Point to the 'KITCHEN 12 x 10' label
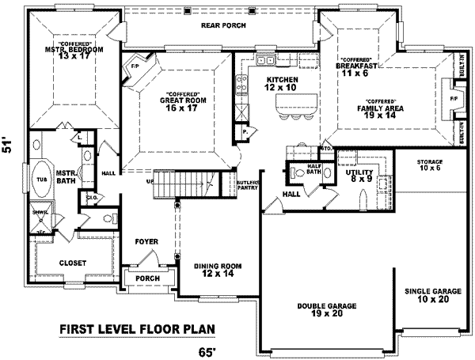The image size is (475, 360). point(282,85)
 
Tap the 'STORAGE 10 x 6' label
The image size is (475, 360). point(430,165)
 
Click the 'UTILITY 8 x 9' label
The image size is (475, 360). point(348,176)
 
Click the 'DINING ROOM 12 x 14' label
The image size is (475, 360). point(217,271)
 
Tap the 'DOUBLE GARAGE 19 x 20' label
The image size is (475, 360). point(326,309)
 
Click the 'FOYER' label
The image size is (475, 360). point(146,241)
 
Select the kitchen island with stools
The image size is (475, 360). point(294,103)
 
